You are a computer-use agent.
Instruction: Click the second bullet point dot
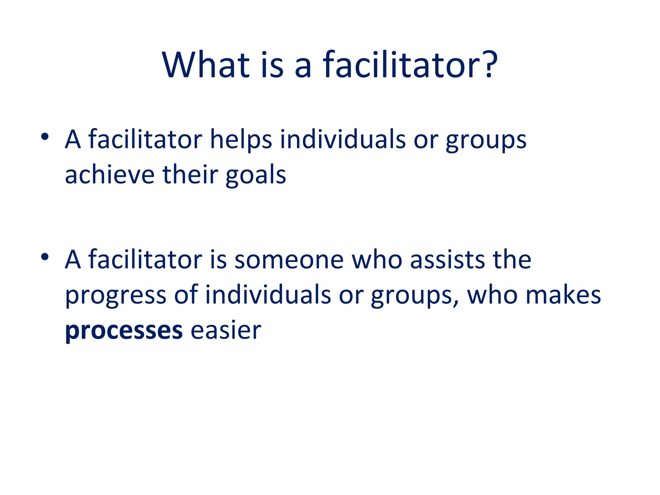[x=45, y=257]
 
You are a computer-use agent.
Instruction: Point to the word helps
[x=241, y=140]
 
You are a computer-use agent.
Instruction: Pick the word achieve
[x=110, y=175]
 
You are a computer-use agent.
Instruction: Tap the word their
[x=190, y=175]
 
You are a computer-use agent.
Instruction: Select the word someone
[x=289, y=260]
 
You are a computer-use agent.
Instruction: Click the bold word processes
[x=124, y=331]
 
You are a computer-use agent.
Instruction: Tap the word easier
[x=226, y=330]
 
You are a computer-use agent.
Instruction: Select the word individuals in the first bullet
[x=343, y=140]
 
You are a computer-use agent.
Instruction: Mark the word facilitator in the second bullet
[x=145, y=259]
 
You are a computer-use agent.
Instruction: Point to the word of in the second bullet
[x=186, y=295]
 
